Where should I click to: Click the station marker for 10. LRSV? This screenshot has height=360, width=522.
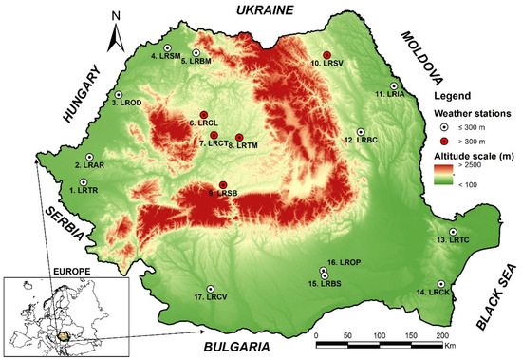click(x=326, y=54)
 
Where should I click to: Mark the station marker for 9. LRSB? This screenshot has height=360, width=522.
click(x=223, y=184)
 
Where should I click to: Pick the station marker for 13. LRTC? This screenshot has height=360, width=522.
click(x=454, y=232)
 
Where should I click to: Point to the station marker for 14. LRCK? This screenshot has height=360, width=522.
click(x=442, y=283)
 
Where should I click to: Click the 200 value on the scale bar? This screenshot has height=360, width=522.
click(x=440, y=337)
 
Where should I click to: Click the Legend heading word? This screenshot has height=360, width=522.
click(x=452, y=96)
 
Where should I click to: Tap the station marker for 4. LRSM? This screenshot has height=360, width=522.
click(x=168, y=47)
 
